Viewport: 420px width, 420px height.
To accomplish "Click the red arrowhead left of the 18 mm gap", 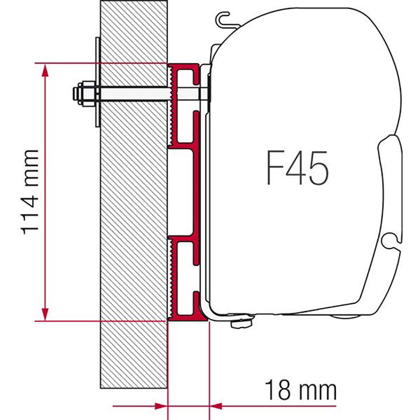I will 162,405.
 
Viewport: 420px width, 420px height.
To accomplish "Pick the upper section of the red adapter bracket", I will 183,105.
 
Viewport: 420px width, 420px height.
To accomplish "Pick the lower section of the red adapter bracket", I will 183,276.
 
